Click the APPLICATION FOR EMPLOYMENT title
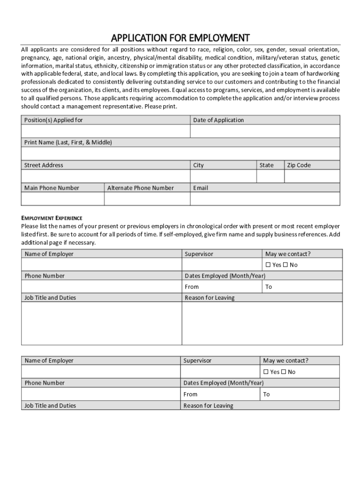click(180, 38)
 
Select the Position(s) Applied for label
click(53, 120)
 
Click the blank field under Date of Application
click(265, 131)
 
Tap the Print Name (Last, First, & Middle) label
click(68, 142)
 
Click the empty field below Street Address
click(105, 176)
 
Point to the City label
click(198, 165)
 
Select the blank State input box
click(270, 176)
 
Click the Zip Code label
click(299, 165)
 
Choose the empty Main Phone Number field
click(63, 199)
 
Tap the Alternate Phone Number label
click(140, 188)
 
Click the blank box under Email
click(265, 199)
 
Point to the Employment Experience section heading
click(52, 218)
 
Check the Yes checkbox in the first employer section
click(268, 265)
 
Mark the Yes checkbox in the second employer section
click(266, 372)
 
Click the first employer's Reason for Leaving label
click(210, 298)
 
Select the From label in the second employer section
click(190, 395)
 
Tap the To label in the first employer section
click(269, 287)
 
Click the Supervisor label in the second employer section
click(197, 361)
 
